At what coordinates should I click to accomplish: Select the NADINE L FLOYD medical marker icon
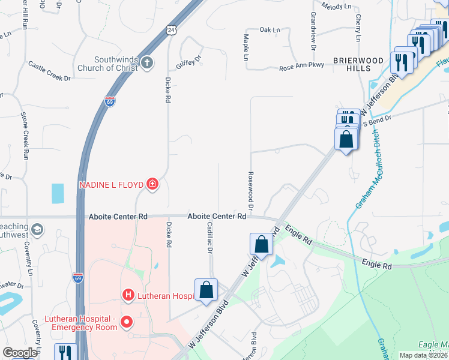pos(152,184)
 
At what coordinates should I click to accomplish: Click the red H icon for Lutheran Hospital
pos(127,295)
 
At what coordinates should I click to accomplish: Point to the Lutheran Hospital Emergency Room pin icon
pos(127,322)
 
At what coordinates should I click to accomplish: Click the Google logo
pos(20,353)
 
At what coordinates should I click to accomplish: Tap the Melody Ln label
pos(337,6)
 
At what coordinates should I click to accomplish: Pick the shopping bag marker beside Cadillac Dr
pos(206,290)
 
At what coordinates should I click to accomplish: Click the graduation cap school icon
pos(37,230)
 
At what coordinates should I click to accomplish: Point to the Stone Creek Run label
pos(25,135)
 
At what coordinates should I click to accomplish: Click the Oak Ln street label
pos(270,29)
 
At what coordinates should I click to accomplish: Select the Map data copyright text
pos(424,355)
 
